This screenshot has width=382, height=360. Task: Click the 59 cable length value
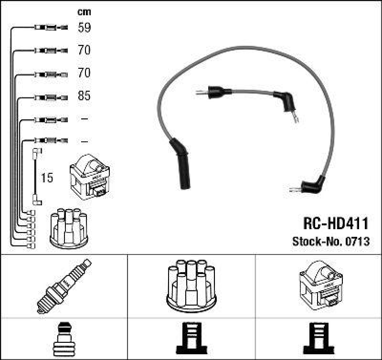point(84,28)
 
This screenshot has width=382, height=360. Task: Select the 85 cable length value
point(84,96)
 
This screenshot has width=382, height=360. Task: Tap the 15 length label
point(47,178)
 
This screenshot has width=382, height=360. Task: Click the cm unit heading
point(84,12)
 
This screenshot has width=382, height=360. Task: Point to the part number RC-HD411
point(336,223)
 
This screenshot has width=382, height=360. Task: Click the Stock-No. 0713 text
point(330,242)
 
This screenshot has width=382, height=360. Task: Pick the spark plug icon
point(64,286)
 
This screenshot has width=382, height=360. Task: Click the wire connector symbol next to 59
point(51,28)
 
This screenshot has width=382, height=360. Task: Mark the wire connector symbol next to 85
point(51,96)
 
